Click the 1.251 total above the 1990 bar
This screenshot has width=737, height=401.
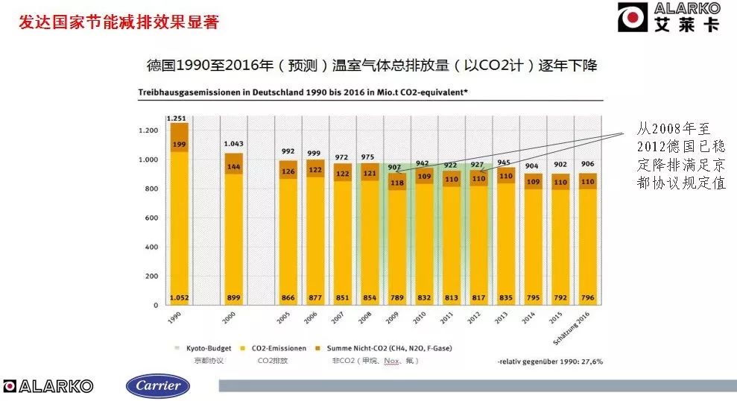pos(176,118)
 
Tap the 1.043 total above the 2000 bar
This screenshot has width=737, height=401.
pos(234,144)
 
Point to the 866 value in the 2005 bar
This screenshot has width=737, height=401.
pos(287,297)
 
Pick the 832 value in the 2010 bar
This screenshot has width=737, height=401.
pos(423,297)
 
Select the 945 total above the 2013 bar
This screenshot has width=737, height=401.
pos(504,162)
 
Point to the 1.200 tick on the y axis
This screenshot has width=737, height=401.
pos(148,130)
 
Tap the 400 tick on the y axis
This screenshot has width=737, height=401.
pos(151,247)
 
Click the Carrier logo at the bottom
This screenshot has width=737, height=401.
pos(157,385)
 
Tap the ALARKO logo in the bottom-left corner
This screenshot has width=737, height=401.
pos(48,386)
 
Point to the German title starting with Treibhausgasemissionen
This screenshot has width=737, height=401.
pos(302,92)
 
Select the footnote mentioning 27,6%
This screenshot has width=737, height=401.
pos(551,361)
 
